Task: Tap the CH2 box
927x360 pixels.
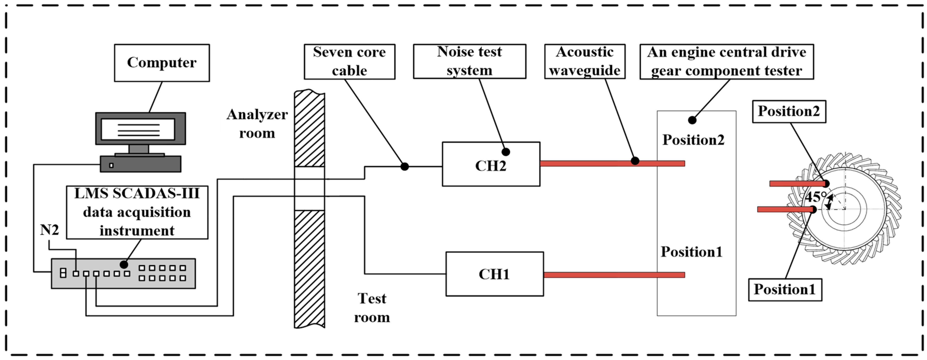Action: point(491,164)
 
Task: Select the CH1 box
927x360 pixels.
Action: point(494,274)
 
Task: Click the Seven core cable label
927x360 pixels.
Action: point(349,61)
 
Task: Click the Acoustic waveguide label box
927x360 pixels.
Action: point(584,61)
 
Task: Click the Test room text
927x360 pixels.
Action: point(372,308)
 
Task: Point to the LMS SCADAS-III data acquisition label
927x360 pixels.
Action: point(137,212)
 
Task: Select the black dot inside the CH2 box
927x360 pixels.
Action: point(506,152)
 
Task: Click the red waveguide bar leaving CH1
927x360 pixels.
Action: point(612,275)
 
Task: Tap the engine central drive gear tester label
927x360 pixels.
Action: point(726,61)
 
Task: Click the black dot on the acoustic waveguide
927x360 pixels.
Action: point(635,161)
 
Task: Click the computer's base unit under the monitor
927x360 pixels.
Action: point(140,164)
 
